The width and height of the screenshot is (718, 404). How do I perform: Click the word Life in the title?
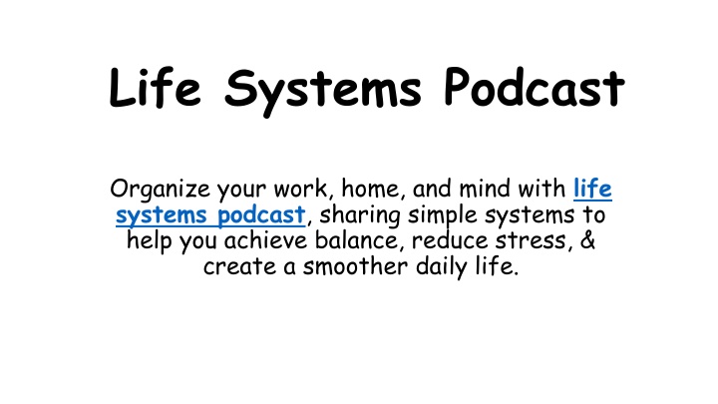[155, 87]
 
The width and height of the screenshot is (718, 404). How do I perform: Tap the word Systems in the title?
[322, 92]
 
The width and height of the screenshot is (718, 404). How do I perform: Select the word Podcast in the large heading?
[535, 87]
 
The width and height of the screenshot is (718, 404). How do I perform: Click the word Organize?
[161, 190]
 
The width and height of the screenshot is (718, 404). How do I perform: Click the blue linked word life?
[592, 189]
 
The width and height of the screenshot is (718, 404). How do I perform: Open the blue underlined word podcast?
[261, 215]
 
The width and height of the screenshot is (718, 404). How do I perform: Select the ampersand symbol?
[588, 240]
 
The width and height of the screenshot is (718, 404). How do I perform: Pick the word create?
[240, 267]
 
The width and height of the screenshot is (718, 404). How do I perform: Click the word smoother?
[355, 266]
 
